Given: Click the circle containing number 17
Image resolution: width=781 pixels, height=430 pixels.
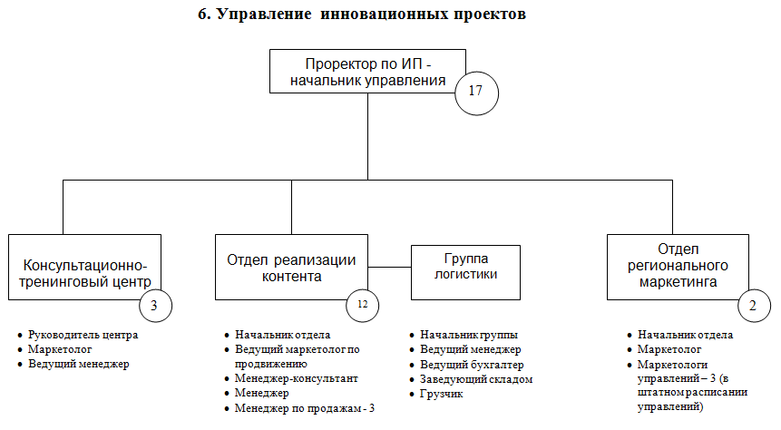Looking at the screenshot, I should coord(477,92).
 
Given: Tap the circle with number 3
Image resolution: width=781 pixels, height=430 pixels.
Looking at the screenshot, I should coord(154,306).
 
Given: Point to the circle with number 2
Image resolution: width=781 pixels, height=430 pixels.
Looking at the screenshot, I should coord(753,306).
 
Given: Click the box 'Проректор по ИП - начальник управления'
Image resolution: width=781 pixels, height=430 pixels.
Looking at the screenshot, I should coord(366,71).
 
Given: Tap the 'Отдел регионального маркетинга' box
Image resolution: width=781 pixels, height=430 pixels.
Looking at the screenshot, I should coord(678,266).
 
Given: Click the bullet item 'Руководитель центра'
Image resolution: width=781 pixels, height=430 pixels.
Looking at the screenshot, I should coord(83,335).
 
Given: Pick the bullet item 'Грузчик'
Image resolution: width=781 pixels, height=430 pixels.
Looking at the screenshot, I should coord(441,393).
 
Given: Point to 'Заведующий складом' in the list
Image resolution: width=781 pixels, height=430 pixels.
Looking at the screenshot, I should coord(476,378).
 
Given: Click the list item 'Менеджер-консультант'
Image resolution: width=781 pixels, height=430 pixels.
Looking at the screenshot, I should coord(297,378).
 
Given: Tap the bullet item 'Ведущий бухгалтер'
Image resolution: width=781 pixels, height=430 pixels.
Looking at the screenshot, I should coord(472,364).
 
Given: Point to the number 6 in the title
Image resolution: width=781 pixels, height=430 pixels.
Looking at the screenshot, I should coord(202,15).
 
